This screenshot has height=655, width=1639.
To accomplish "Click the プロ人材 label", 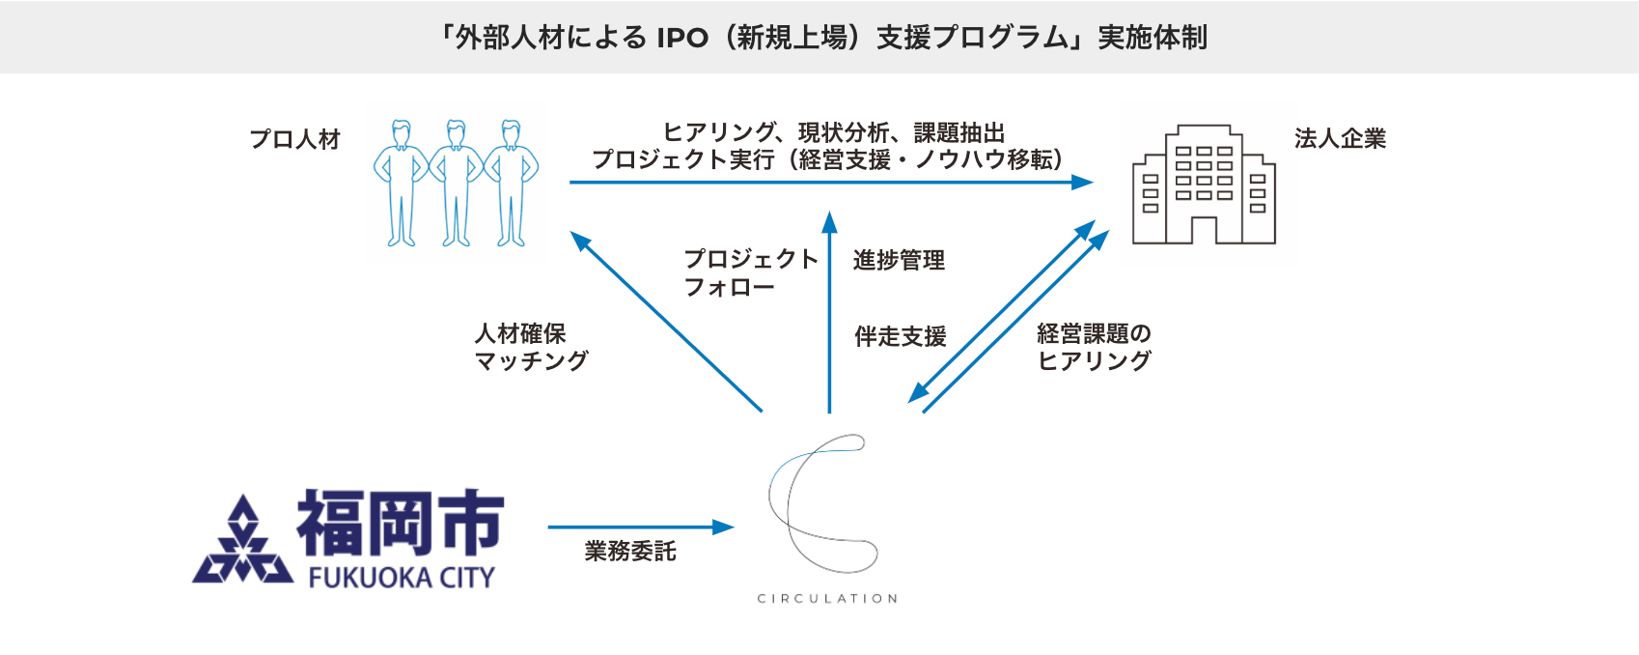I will [x=295, y=139].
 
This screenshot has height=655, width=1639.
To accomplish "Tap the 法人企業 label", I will [x=1340, y=139].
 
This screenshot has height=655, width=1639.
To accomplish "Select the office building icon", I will [x=1204, y=185].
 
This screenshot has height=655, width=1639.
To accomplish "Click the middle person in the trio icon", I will [x=456, y=183].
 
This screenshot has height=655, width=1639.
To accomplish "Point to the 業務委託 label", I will [x=629, y=552].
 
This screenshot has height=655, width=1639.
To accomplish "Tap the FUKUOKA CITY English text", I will [x=401, y=578].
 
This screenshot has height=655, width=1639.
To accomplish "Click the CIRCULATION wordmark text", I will [x=827, y=599].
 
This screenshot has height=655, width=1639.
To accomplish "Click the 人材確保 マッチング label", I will [x=531, y=347].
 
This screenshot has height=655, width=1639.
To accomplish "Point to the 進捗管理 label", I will [x=899, y=260].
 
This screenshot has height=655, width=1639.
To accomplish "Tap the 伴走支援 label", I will [x=900, y=336].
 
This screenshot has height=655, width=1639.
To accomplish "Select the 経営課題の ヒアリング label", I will [x=1094, y=347].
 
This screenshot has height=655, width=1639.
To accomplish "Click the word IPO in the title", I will [x=681, y=38].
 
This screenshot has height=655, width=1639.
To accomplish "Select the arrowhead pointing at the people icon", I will [x=579, y=240].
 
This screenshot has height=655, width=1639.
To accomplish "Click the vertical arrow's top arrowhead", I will [x=829, y=221].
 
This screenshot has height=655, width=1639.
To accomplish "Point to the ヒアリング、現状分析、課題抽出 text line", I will [x=834, y=132].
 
